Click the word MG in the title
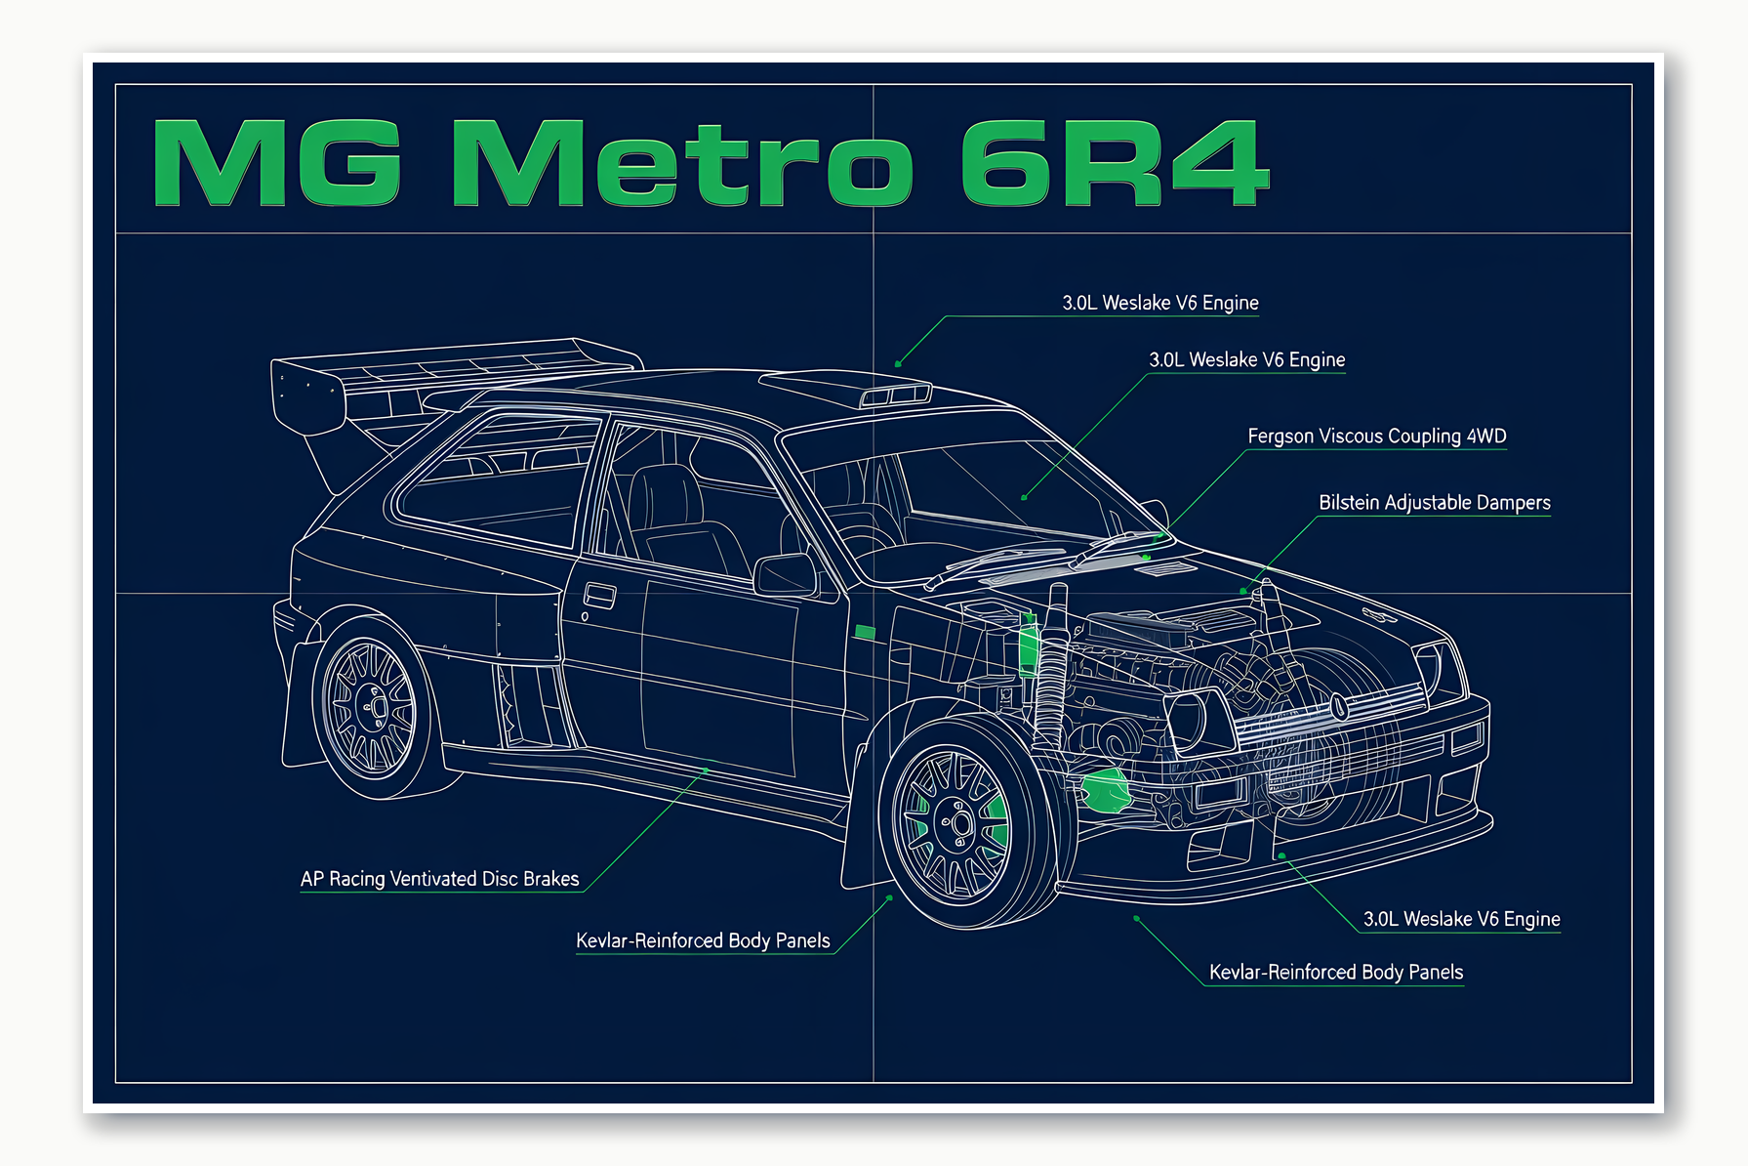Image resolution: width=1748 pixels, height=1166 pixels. coord(277,163)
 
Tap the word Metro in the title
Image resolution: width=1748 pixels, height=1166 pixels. coord(681,163)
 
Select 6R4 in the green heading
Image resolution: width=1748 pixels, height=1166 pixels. coord(1114,163)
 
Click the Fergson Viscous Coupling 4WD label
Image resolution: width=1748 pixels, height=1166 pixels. coord(1376,437)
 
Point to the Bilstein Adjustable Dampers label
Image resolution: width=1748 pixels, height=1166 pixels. coord(1434,503)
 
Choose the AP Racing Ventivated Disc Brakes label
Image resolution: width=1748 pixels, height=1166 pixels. coord(439,879)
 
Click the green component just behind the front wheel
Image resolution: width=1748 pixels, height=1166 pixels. coord(1105,790)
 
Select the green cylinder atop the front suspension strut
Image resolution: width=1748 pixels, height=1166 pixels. coord(1028,648)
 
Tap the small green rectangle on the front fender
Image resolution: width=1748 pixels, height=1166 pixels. coord(865,632)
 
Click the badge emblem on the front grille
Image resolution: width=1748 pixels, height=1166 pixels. coord(1340,707)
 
